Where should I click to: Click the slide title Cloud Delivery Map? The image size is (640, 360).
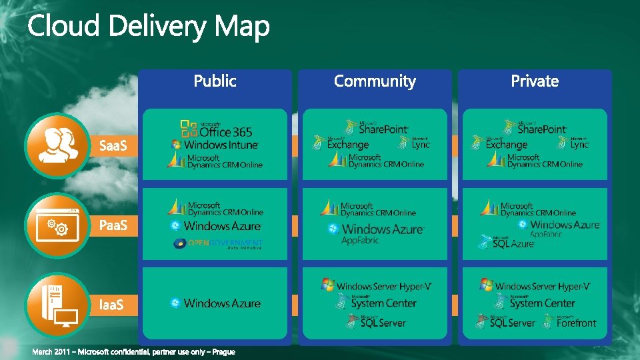coord(148,27)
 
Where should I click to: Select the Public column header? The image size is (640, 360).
coord(215,81)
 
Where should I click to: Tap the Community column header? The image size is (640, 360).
coord(375,81)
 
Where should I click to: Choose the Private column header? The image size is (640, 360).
coord(535,81)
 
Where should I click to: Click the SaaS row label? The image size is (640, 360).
coord(113,145)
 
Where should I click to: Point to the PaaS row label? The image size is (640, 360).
coord(113,225)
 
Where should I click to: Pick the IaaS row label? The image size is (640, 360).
coord(111,305)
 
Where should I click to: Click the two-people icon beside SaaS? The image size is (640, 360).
coord(56,145)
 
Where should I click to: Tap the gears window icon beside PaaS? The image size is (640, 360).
coord(56,225)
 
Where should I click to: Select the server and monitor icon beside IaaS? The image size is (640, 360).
coord(56,305)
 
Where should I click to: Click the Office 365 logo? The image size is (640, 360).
coord(217,129)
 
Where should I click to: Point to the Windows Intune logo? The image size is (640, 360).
coord(215,144)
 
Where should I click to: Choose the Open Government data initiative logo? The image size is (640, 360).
coord(218,244)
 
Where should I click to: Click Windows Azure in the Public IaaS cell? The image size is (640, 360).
coord(215,303)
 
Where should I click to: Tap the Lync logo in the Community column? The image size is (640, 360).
coord(415,142)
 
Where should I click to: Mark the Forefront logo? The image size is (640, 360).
coord(570,322)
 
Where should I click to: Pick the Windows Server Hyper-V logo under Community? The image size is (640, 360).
coord(376,285)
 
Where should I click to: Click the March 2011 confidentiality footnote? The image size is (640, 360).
coord(134,352)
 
